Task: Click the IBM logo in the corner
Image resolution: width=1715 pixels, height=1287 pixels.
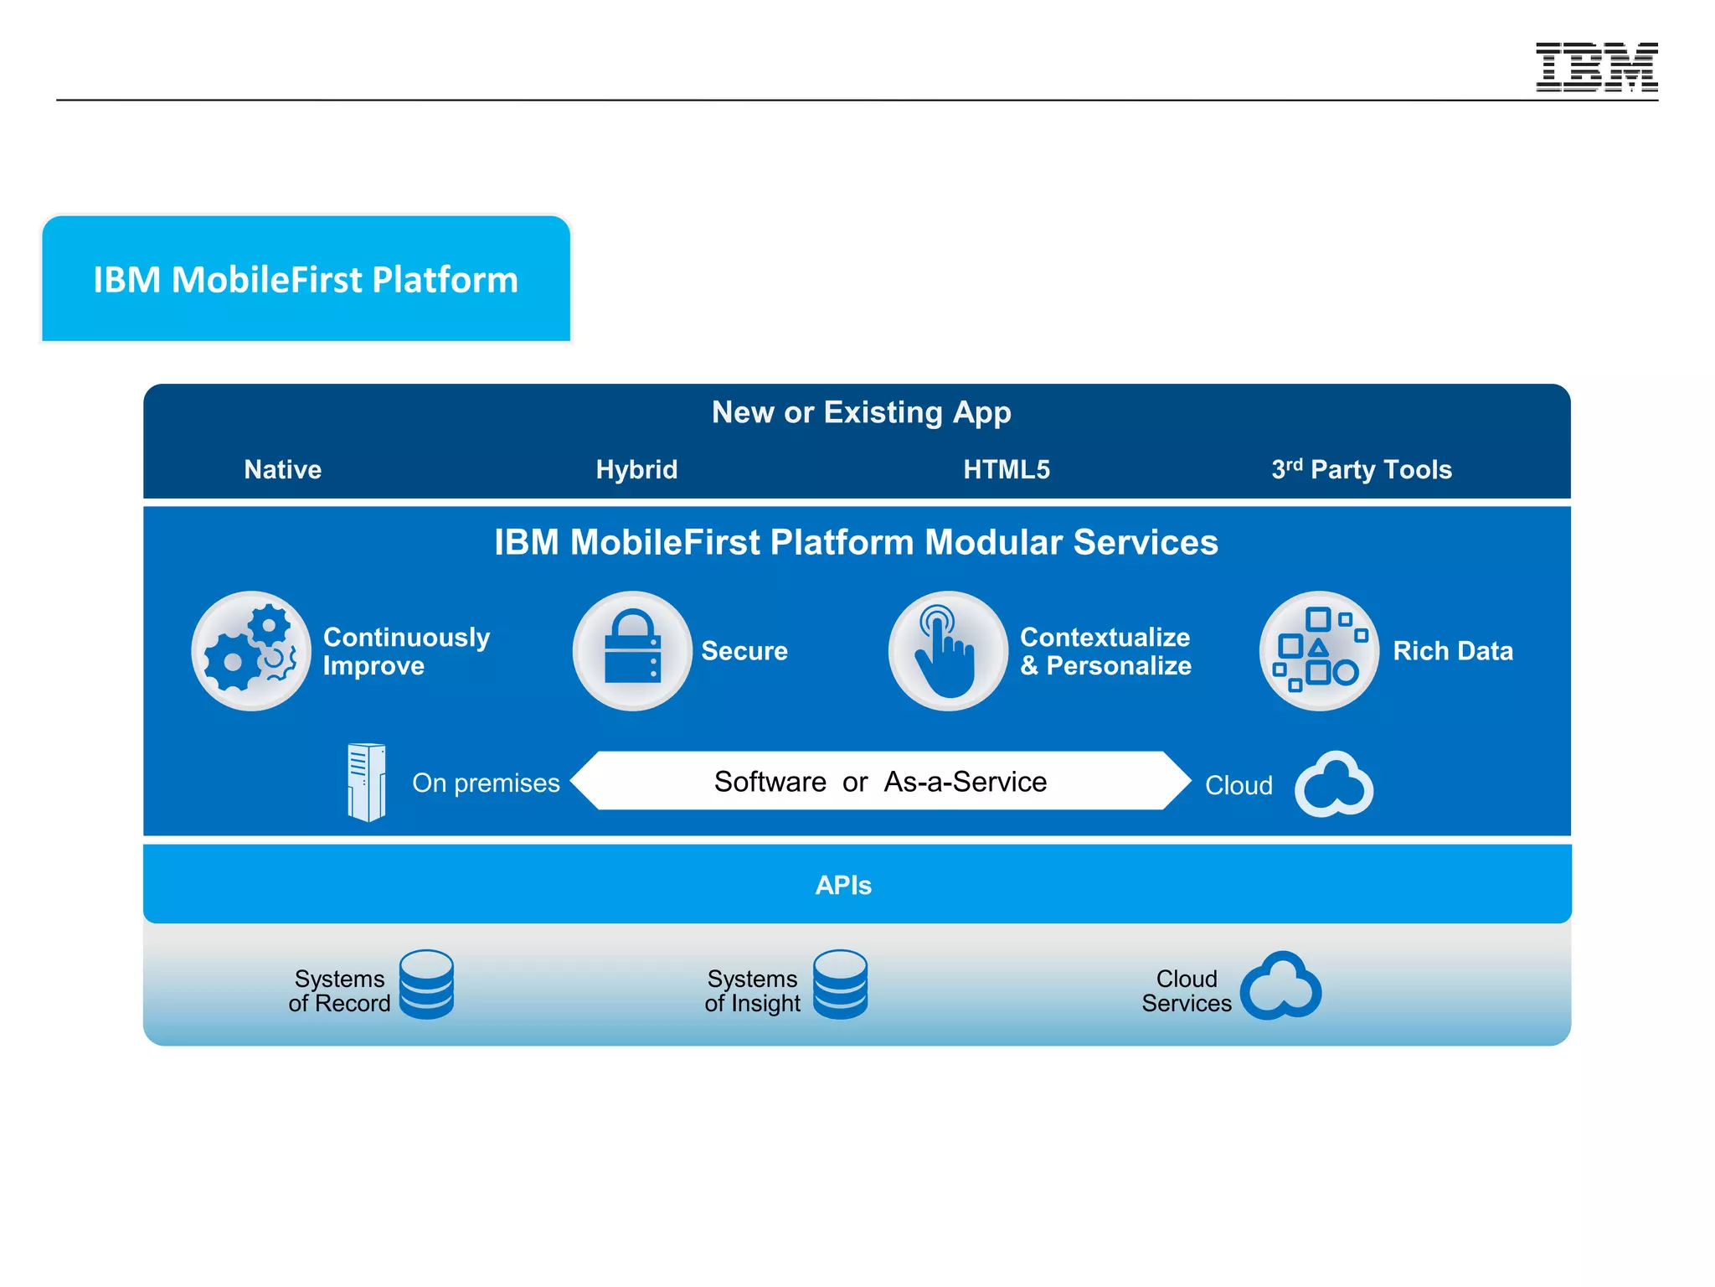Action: (1596, 67)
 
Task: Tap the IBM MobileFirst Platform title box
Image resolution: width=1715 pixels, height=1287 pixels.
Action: (306, 279)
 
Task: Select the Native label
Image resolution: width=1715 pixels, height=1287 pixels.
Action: (282, 469)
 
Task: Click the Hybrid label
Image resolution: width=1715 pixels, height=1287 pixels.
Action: (636, 469)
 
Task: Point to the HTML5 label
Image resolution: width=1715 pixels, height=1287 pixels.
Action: (1006, 469)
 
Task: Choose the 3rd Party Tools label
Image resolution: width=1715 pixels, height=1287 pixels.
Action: (1361, 469)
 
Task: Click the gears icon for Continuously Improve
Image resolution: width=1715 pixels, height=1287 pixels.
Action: (250, 651)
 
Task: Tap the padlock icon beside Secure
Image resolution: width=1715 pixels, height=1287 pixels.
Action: (632, 651)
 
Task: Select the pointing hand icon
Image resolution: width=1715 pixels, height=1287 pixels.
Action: (947, 651)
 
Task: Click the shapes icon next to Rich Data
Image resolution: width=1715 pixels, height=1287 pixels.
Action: (1318, 651)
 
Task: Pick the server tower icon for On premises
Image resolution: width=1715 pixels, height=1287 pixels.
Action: (367, 782)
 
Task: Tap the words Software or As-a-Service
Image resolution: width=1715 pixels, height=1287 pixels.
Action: (880, 782)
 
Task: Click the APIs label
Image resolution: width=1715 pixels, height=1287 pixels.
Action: (843, 885)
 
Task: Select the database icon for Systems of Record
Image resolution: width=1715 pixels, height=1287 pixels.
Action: (426, 985)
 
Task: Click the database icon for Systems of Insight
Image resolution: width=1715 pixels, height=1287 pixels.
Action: (840, 985)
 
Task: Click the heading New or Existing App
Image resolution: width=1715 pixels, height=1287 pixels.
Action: (861, 412)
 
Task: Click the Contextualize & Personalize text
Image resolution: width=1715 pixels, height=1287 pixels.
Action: (1105, 651)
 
